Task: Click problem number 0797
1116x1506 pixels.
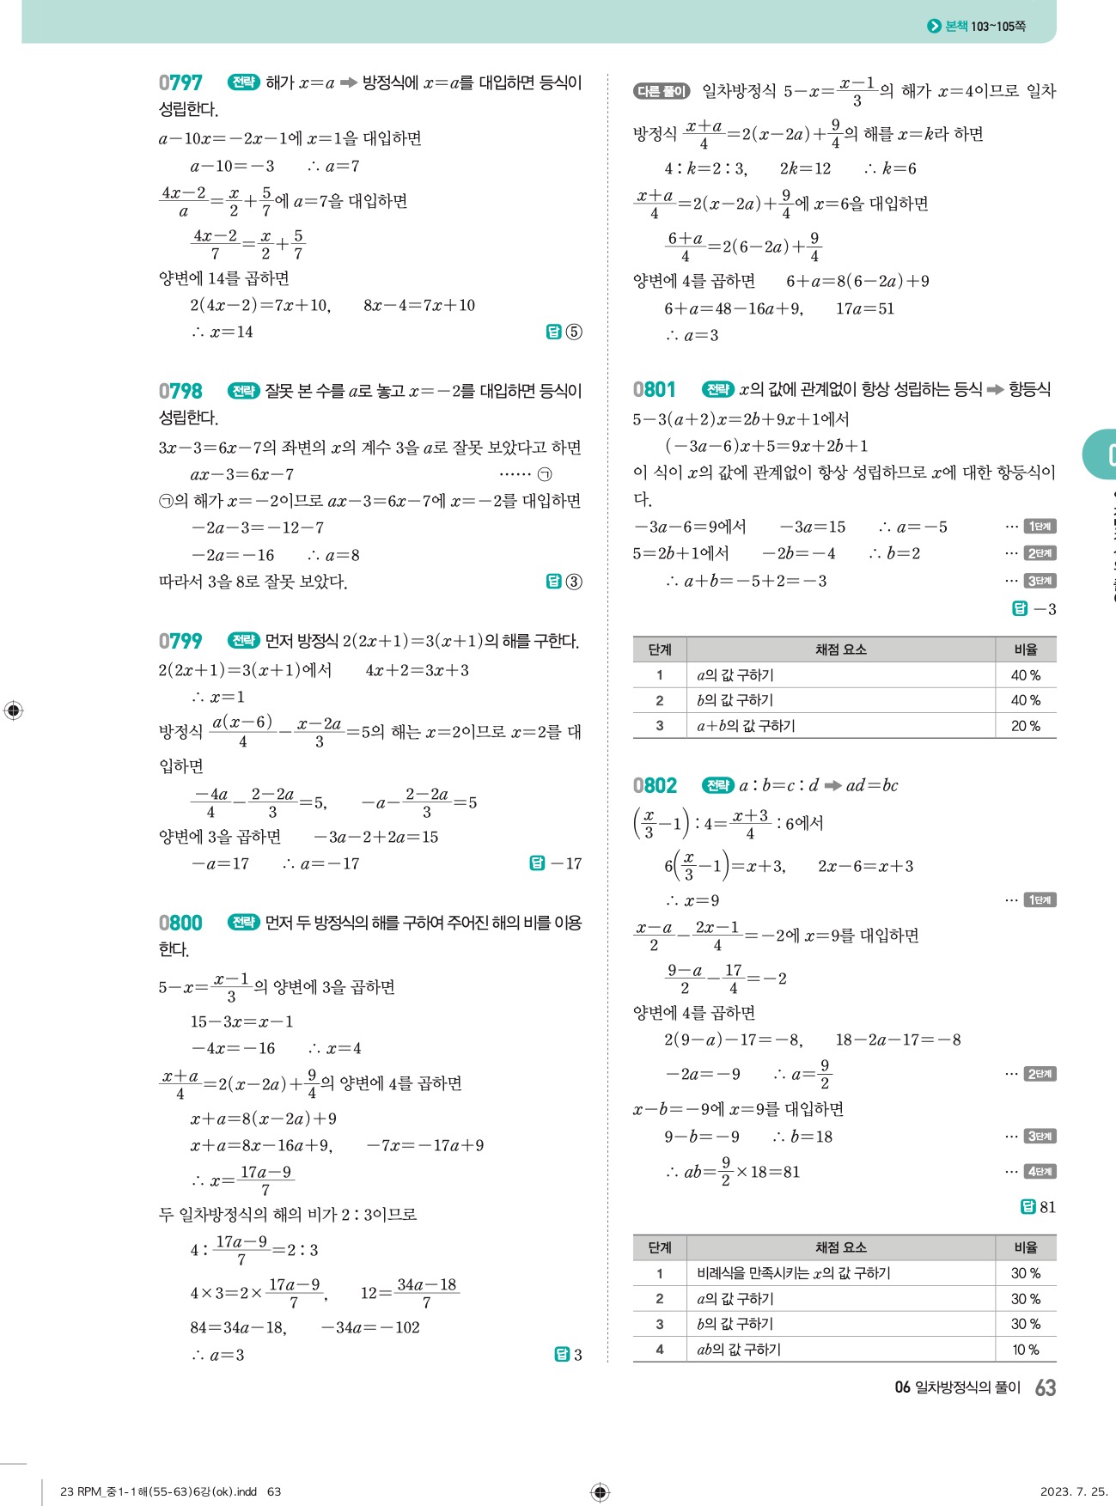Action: tap(180, 82)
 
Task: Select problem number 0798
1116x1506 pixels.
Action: tap(180, 391)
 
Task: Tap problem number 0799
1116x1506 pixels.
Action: tap(180, 641)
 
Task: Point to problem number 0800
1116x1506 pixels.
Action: tap(180, 923)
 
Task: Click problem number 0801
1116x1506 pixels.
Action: tap(655, 389)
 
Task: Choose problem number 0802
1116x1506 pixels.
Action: tap(655, 785)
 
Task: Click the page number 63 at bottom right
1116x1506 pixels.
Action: tap(1046, 1387)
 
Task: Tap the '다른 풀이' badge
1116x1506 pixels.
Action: tap(662, 91)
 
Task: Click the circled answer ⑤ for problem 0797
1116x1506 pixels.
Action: tap(574, 332)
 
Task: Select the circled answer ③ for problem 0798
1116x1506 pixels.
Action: tap(574, 582)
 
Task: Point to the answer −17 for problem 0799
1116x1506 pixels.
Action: tap(566, 863)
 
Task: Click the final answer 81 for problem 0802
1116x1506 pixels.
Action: tap(1047, 1207)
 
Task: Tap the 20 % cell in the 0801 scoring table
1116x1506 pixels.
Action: tap(1025, 726)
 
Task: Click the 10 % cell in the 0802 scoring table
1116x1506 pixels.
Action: tap(1025, 1350)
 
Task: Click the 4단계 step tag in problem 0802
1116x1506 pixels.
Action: tap(1040, 1171)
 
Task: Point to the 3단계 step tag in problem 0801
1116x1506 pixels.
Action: tap(1040, 581)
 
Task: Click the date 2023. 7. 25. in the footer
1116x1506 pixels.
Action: tap(1073, 1491)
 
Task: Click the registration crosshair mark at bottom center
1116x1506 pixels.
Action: tap(601, 1491)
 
